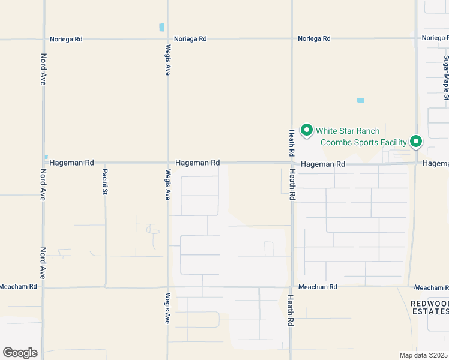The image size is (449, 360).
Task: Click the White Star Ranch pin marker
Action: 306,130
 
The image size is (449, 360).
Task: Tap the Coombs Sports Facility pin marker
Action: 416,142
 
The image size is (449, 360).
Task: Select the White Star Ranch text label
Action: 348,131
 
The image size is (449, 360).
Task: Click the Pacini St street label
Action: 104,182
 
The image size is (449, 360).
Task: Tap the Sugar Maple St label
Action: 446,77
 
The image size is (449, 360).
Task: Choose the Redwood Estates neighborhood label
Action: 429,307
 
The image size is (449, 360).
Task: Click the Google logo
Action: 20,352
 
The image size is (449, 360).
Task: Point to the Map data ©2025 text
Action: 424,355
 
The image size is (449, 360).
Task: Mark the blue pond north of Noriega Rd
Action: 161,27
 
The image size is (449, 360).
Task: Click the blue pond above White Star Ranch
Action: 360,100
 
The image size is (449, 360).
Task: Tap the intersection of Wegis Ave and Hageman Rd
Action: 168,163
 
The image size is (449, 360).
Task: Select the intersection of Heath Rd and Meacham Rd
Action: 291,287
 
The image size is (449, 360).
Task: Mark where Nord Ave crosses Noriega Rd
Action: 43,39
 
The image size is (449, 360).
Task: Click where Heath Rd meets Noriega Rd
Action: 292,38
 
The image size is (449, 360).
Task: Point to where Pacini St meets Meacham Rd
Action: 106,287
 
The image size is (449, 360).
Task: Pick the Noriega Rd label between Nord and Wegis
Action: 66,39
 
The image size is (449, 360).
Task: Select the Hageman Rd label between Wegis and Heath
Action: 197,163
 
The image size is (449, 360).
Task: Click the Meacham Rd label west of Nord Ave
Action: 18,287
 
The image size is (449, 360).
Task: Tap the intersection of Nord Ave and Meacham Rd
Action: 43,287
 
